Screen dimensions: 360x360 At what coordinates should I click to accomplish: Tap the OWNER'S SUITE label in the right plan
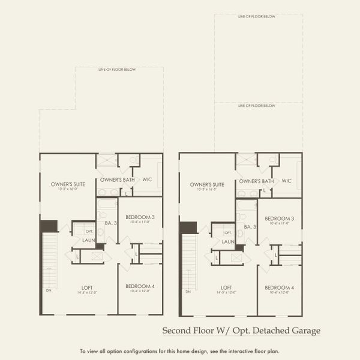(x=206, y=184)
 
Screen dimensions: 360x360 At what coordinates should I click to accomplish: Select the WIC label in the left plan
(x=147, y=179)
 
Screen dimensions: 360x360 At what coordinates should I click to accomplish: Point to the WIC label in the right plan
(x=286, y=181)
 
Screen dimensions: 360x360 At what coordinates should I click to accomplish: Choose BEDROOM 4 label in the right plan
(x=279, y=287)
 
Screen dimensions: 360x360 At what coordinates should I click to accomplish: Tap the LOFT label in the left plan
(x=88, y=287)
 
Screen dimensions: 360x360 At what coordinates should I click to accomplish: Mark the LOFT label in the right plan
(x=227, y=287)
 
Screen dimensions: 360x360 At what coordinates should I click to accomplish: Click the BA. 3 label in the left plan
(x=110, y=223)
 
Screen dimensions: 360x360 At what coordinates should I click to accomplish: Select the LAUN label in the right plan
(x=229, y=241)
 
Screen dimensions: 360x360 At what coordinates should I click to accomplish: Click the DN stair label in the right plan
(x=187, y=292)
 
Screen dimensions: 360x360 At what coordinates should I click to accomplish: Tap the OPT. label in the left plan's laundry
(x=89, y=231)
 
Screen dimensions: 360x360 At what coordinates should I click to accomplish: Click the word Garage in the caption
(x=305, y=331)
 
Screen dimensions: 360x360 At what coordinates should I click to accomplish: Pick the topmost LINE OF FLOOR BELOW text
(x=256, y=17)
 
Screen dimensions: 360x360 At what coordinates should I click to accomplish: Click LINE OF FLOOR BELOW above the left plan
(x=117, y=70)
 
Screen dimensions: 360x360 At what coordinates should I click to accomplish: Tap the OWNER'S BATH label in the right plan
(x=256, y=181)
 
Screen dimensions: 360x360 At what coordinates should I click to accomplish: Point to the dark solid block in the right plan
(x=188, y=227)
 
